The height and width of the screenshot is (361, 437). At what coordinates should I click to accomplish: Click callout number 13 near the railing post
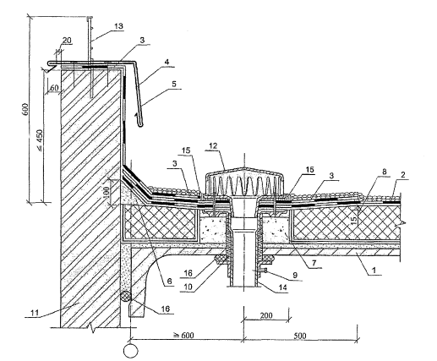pyautogui.click(x=118, y=26)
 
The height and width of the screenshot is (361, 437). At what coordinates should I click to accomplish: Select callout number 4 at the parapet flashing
pyautogui.click(x=167, y=63)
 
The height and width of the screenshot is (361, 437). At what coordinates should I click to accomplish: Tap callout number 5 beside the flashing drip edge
pyautogui.click(x=174, y=84)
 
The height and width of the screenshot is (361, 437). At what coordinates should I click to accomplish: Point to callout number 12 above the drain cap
pyautogui.click(x=214, y=146)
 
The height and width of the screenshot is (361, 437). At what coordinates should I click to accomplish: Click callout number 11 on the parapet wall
pyautogui.click(x=35, y=313)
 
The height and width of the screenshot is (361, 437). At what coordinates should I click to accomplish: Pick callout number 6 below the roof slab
pyautogui.click(x=169, y=281)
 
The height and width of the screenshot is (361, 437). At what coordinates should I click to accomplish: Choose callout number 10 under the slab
pyautogui.click(x=188, y=287)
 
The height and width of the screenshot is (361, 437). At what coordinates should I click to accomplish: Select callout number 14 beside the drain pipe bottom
pyautogui.click(x=282, y=287)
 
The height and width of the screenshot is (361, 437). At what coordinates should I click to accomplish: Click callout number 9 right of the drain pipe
pyautogui.click(x=295, y=275)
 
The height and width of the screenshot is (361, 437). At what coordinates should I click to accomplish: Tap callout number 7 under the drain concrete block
pyautogui.click(x=314, y=263)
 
